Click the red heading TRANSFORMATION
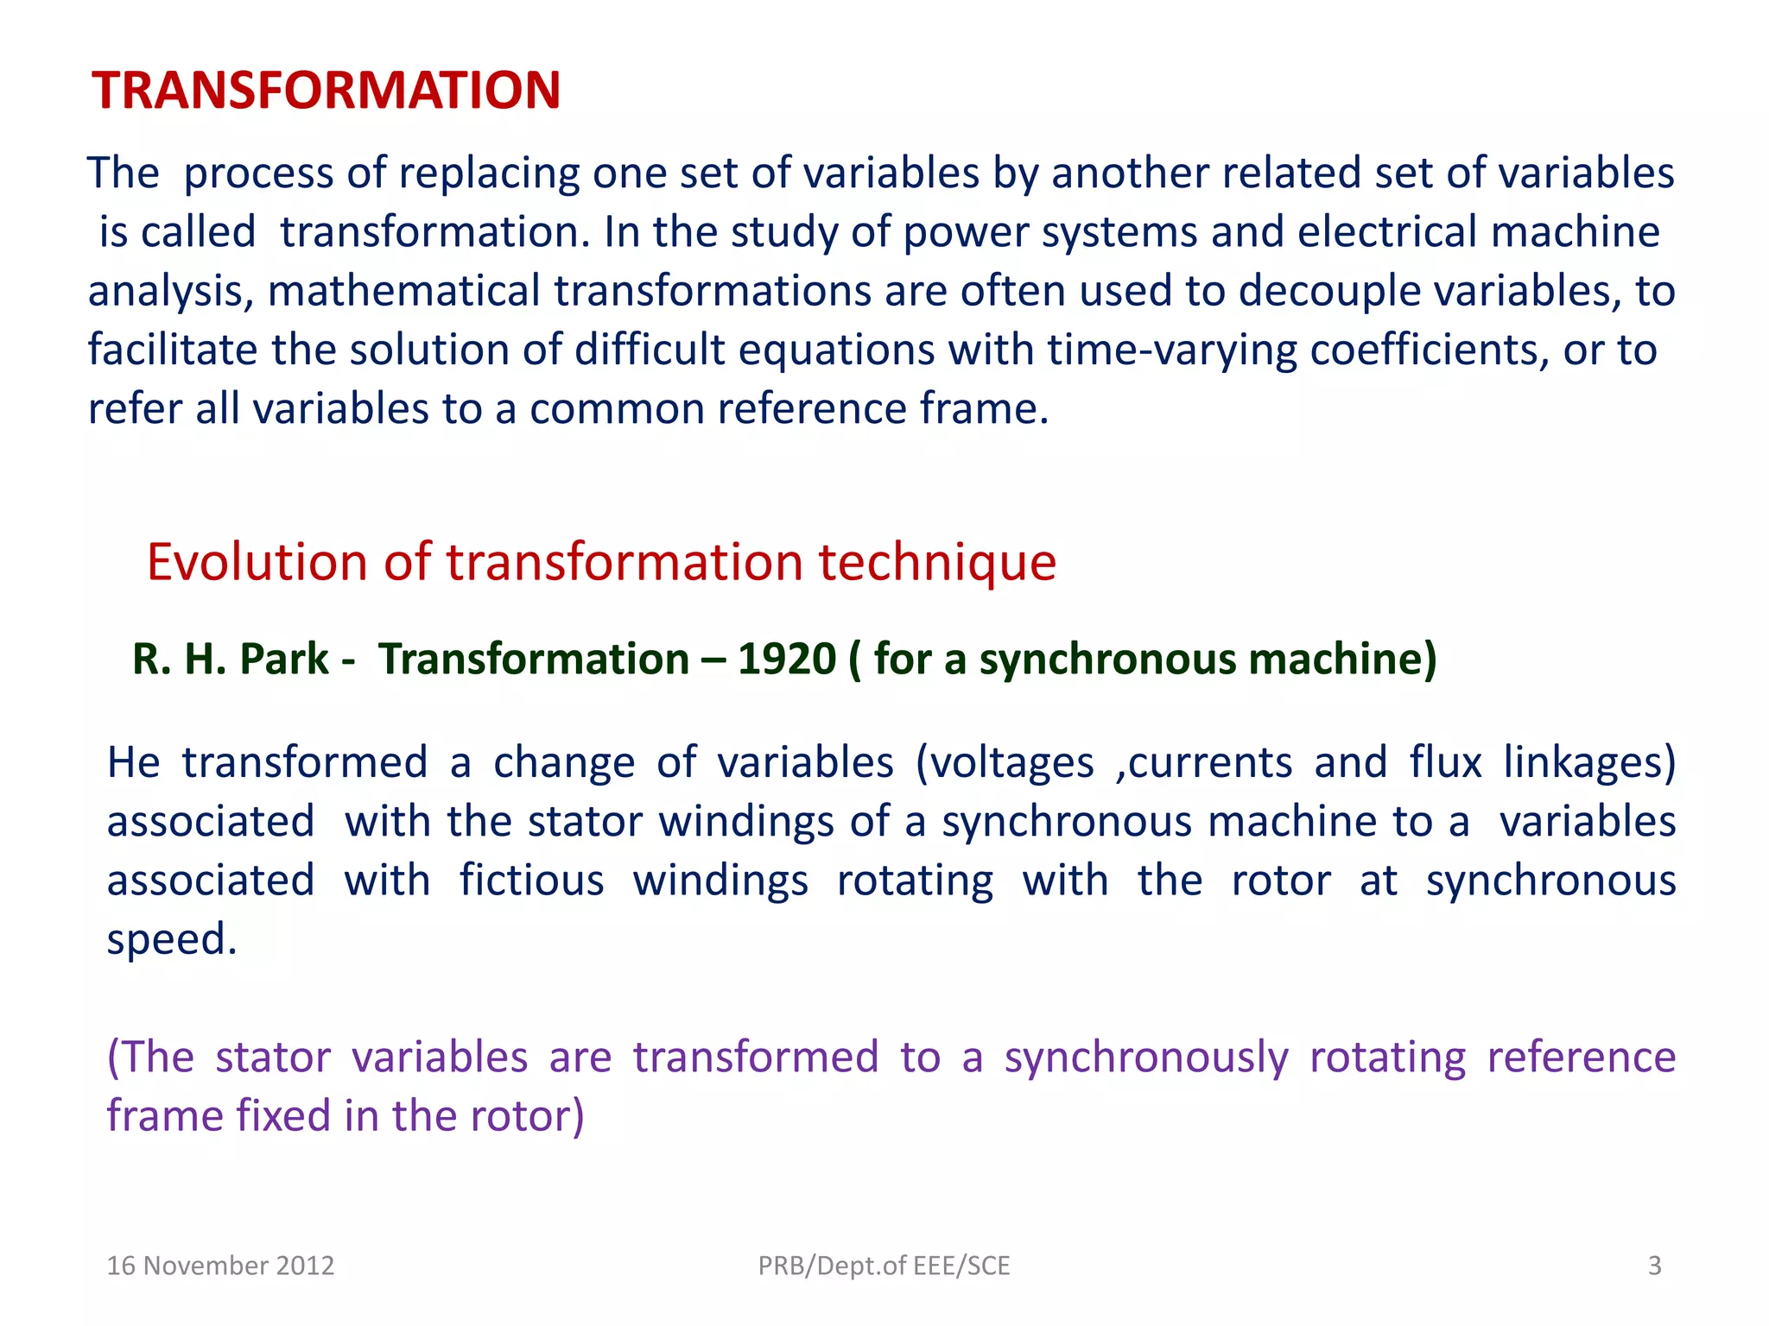point(327,90)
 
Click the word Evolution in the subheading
point(257,562)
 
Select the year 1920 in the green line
point(786,659)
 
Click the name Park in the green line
point(284,659)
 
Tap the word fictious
point(531,881)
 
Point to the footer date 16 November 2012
point(220,1266)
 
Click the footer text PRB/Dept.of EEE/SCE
point(884,1266)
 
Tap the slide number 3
point(1654,1266)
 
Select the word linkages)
point(1589,763)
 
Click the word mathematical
point(403,291)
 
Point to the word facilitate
point(173,350)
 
